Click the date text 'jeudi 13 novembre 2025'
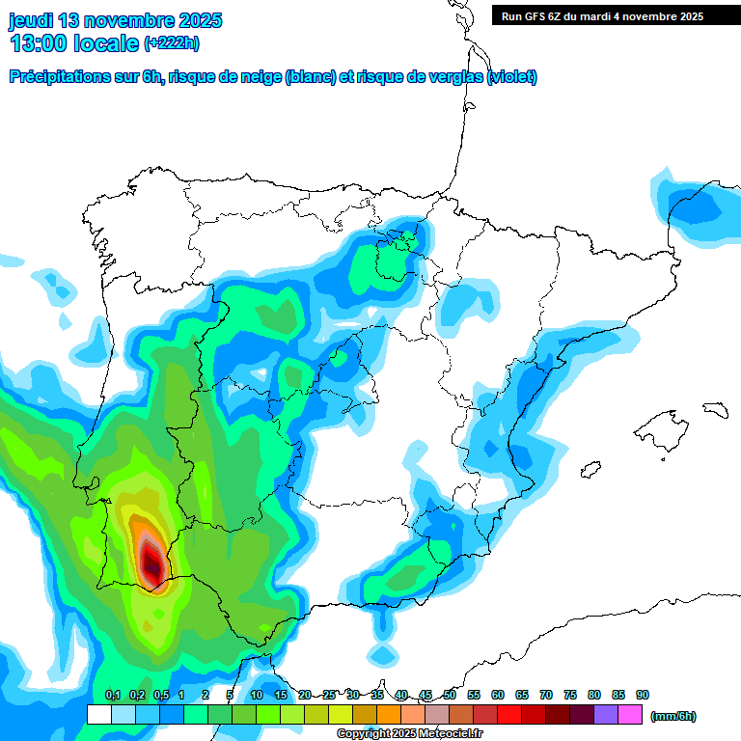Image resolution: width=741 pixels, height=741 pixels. [116, 20]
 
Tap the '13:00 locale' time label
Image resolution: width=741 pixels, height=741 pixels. [73, 42]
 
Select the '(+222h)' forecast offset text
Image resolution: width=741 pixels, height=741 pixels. [172, 43]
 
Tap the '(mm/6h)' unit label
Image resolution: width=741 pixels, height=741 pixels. [672, 716]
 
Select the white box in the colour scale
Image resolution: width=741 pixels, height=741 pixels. [98, 715]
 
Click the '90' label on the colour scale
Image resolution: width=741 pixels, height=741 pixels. [643, 695]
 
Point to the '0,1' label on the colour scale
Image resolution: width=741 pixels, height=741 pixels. [112, 695]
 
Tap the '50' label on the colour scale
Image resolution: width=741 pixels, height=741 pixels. [450, 695]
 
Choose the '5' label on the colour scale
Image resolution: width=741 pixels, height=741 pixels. [230, 695]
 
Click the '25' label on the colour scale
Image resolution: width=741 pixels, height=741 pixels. [329, 695]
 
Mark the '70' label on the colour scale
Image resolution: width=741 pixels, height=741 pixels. [546, 695]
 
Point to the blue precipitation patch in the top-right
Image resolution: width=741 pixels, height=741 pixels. [697, 207]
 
